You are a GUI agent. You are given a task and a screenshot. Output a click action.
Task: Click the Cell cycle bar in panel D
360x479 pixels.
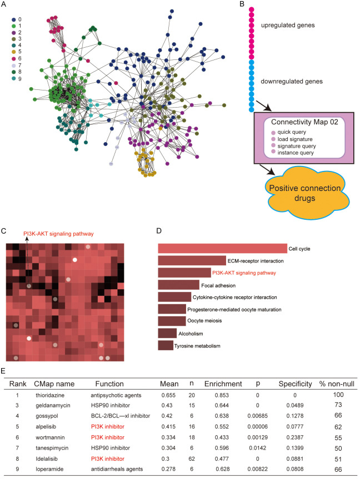click(222, 248)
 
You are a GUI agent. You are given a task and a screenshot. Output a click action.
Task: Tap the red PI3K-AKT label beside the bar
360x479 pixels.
click(244, 273)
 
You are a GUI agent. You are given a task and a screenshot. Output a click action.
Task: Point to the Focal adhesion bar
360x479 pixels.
click(178, 285)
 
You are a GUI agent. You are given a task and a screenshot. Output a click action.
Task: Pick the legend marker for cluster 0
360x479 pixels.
click(14, 19)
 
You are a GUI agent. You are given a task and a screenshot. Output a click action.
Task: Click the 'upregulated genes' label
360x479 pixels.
click(294, 25)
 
